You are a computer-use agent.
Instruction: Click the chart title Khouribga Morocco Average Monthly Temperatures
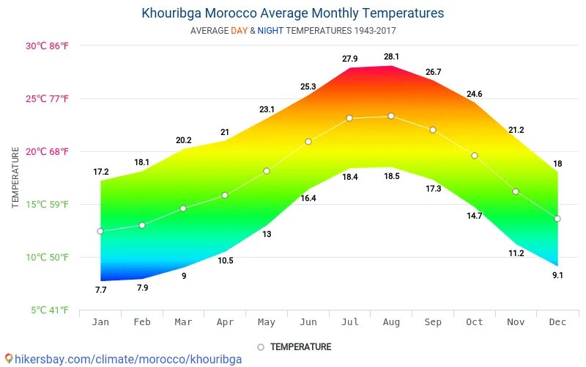click(x=292, y=13)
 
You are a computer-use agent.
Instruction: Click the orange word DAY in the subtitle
click(x=240, y=31)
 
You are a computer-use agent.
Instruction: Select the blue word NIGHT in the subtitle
click(x=270, y=31)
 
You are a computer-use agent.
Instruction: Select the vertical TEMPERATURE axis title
click(x=15, y=177)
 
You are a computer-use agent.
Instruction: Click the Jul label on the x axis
click(x=350, y=322)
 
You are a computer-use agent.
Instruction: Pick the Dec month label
click(x=557, y=322)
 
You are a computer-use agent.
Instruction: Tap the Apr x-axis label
click(x=225, y=322)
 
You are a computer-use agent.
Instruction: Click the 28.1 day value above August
click(x=391, y=57)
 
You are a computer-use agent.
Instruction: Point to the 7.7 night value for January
click(x=100, y=290)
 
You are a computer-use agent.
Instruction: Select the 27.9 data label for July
click(x=350, y=59)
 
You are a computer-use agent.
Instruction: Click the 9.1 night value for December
click(x=557, y=275)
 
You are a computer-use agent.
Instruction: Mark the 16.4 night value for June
click(x=308, y=198)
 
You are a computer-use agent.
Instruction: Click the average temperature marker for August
click(x=391, y=116)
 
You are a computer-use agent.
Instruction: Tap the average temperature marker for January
click(x=100, y=231)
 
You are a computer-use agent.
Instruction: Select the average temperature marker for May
click(x=267, y=171)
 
